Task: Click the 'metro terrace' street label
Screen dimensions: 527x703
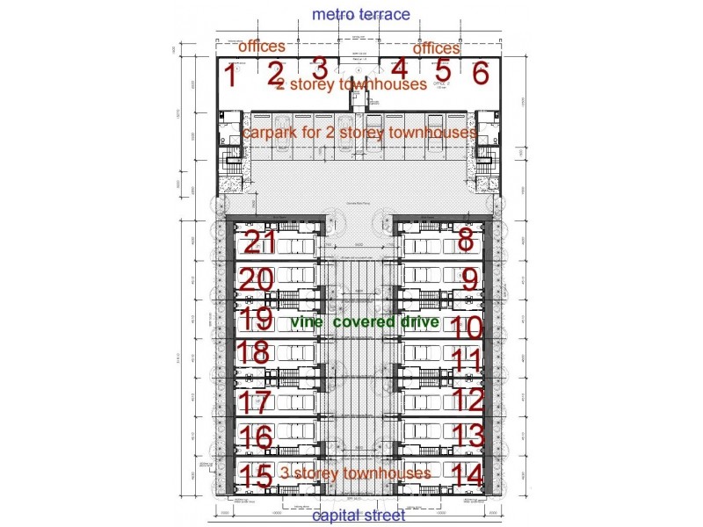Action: tap(360, 16)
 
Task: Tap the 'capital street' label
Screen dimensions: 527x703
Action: tap(359, 515)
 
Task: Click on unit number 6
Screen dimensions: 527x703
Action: tap(480, 73)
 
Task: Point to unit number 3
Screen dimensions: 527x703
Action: tap(320, 67)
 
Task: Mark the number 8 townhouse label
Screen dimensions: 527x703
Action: tap(465, 240)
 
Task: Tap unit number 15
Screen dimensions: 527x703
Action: tap(255, 477)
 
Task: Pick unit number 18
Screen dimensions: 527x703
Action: tap(253, 354)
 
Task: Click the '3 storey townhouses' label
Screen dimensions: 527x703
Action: tap(355, 473)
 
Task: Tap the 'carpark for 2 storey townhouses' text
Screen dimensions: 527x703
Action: tap(359, 132)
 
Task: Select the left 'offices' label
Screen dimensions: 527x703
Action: tap(262, 47)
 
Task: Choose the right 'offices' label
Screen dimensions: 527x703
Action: tap(436, 48)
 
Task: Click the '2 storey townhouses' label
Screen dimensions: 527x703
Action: tap(351, 85)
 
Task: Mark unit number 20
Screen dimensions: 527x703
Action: tap(257, 280)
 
